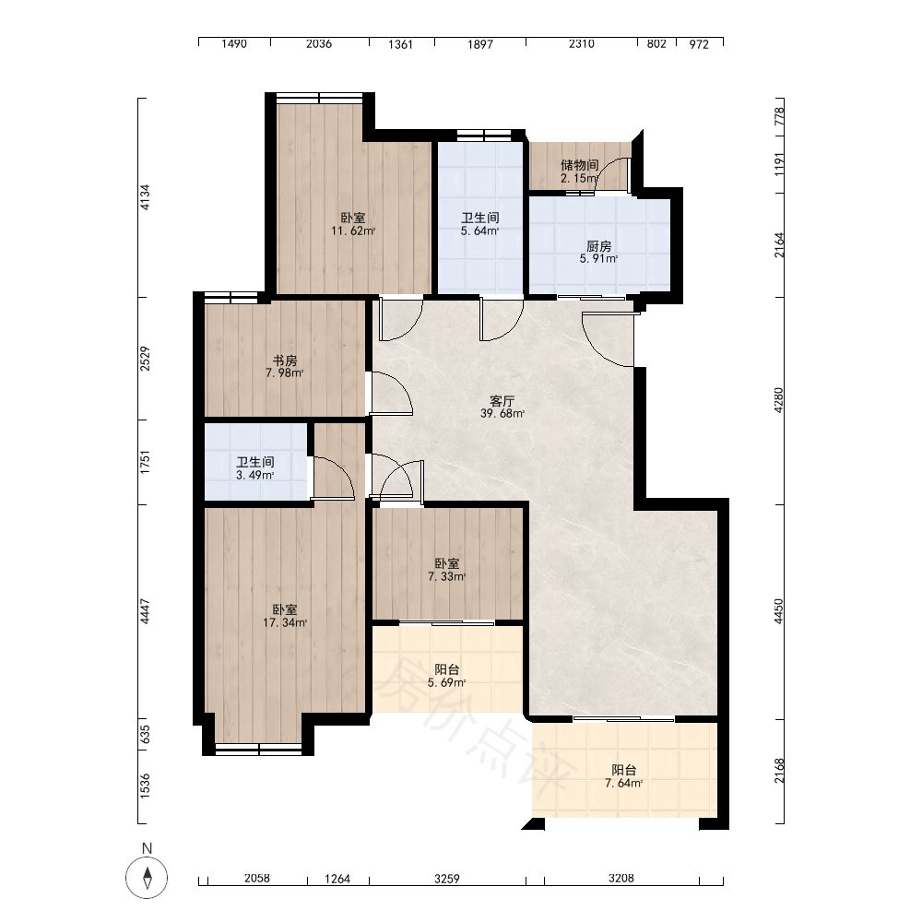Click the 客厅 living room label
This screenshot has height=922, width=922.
[502, 401]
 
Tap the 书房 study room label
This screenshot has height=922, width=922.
[285, 361]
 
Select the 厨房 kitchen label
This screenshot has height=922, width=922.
[598, 246]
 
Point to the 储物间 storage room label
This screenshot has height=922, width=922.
[580, 165]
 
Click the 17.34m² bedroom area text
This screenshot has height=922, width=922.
[285, 622]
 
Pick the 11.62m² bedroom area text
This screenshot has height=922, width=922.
[353, 231]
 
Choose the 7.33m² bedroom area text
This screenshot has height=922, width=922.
[447, 577]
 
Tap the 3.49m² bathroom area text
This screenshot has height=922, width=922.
[255, 475]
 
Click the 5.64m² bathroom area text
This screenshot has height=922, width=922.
[479, 231]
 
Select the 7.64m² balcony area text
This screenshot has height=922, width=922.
[624, 783]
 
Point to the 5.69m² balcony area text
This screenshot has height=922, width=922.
[447, 682]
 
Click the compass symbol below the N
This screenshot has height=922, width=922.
[147, 878]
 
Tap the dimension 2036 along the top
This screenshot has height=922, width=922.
[319, 44]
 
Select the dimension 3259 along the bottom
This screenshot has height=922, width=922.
[447, 879]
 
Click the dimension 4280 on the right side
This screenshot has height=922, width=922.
[778, 400]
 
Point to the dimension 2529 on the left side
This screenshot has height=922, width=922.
[145, 359]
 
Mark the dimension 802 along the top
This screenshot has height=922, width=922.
[656, 44]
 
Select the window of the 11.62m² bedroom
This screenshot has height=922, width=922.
[319, 99]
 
